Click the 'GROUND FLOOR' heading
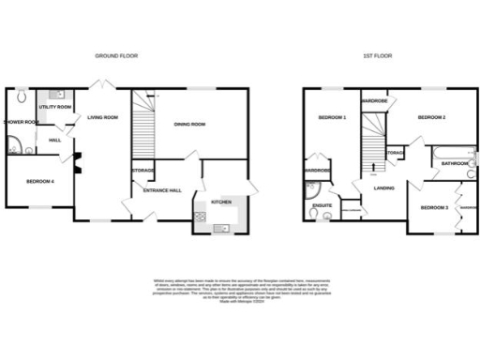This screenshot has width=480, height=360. pyautogui.click(x=117, y=56)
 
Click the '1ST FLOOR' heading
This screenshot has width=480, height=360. pyautogui.click(x=377, y=56)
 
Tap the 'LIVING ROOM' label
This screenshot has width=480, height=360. pyautogui.click(x=103, y=117)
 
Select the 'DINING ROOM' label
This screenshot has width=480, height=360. pyautogui.click(x=189, y=124)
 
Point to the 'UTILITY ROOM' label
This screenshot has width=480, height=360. pyautogui.click(x=55, y=107)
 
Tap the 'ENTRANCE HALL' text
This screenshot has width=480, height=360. pyautogui.click(x=161, y=190)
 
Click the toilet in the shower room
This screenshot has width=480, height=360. pyautogui.click(x=21, y=96)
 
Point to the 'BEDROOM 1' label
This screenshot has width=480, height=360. pyautogui.click(x=332, y=118)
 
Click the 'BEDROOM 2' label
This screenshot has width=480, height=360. pyautogui.click(x=430, y=118)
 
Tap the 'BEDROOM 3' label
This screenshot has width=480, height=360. pyautogui.click(x=433, y=207)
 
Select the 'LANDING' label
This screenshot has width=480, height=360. pyautogui.click(x=382, y=187)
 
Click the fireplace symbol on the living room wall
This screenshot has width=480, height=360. pyautogui.click(x=79, y=163)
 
